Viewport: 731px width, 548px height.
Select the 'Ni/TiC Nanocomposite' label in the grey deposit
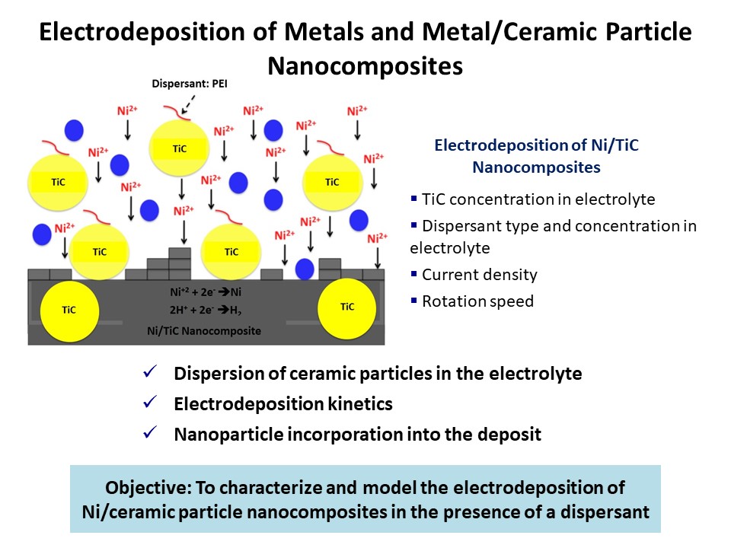pos(204,331)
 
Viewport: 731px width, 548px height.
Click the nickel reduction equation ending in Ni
pos(203,292)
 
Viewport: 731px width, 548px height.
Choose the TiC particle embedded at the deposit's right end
pos(347,307)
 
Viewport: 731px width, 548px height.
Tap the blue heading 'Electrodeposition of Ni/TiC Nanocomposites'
pos(536,156)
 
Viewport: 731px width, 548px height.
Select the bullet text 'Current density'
pos(480,275)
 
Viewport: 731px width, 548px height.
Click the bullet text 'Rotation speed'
pos(477,301)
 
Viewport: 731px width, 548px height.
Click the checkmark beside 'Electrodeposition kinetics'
pos(149,404)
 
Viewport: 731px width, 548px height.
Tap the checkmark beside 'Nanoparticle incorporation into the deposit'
pos(149,434)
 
